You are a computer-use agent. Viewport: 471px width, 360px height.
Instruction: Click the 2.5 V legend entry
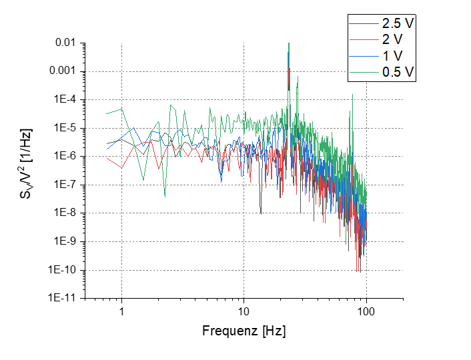click(x=398, y=23)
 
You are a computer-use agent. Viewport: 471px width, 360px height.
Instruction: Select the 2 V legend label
click(x=393, y=39)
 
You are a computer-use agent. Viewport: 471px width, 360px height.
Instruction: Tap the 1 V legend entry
click(x=393, y=56)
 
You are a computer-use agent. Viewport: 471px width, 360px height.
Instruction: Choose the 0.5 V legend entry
click(x=398, y=73)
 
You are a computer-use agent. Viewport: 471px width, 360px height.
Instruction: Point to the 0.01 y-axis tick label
click(x=65, y=43)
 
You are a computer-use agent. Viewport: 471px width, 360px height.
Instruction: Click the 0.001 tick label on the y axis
click(x=63, y=71)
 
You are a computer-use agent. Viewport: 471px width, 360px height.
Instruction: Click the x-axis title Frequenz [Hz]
click(x=244, y=331)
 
